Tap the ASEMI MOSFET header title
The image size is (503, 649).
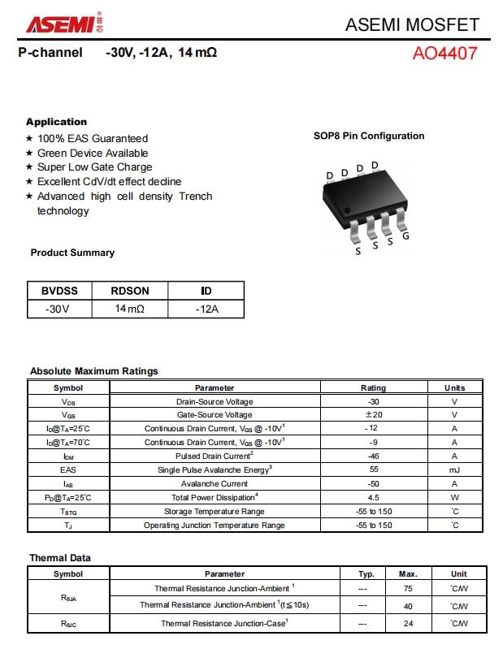[412, 24]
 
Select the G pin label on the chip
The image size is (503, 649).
[405, 236]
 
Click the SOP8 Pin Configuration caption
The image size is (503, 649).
[369, 136]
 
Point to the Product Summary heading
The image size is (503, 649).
[72, 253]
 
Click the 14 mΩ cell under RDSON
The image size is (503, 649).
[130, 309]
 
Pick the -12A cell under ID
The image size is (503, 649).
[206, 309]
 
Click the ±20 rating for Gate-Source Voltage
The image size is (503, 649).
[374, 415]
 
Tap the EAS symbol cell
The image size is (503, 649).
[68, 469]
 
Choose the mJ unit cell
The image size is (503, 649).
[454, 469]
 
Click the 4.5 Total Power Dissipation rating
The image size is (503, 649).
[374, 497]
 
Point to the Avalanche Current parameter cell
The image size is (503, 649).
[215, 483]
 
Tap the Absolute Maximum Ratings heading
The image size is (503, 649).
[94, 371]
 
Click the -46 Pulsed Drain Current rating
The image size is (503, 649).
[374, 456]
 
